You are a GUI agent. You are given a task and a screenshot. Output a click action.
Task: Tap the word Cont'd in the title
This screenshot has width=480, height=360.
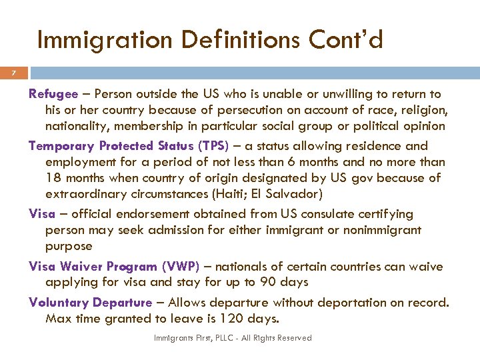[346, 41]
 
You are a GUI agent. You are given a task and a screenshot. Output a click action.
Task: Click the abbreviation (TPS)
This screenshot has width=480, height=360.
[213, 146]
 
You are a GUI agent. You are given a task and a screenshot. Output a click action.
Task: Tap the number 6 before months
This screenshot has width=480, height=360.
[282, 162]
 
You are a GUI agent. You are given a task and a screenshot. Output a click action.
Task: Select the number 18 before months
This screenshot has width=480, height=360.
[53, 178]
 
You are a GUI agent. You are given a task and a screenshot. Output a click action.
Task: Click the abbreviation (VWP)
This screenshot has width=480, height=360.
[180, 267]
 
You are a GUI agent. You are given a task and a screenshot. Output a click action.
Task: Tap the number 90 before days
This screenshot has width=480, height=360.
[268, 282]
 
